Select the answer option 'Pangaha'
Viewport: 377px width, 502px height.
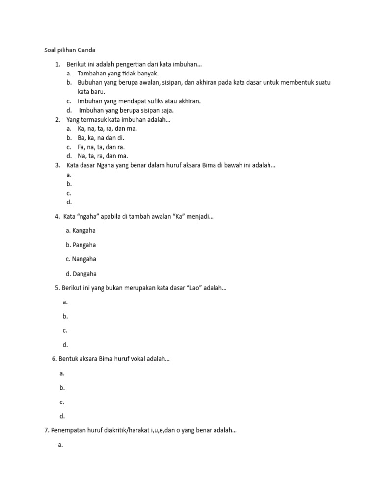84,245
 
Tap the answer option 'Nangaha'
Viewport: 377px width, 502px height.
84,259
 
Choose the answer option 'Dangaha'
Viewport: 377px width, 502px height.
84,274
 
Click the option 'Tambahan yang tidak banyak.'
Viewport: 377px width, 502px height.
118,73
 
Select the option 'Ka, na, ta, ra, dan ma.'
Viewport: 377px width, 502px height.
107,128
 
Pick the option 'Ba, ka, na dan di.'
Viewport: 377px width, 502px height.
101,138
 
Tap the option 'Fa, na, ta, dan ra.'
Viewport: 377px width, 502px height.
101,147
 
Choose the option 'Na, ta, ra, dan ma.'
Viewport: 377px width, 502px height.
103,156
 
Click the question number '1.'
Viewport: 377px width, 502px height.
58,64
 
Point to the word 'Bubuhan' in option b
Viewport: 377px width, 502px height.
90,82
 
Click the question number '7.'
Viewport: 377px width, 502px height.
47,431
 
